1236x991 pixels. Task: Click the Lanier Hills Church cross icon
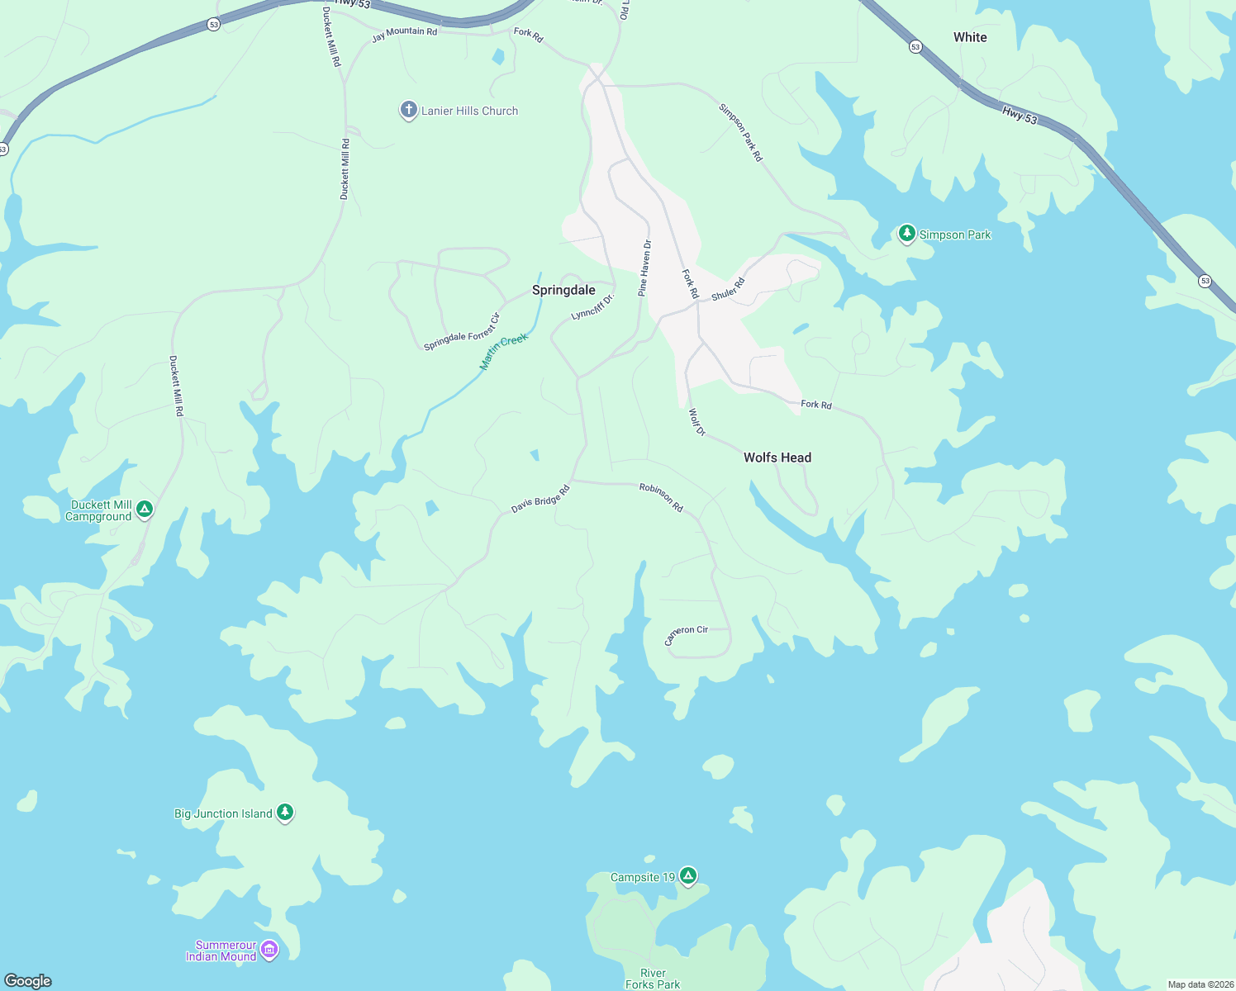(x=408, y=110)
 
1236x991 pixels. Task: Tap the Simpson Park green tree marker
(x=907, y=234)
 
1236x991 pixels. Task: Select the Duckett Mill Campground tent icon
(x=145, y=509)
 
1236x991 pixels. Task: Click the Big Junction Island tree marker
(x=285, y=813)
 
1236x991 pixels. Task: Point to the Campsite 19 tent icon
(x=688, y=875)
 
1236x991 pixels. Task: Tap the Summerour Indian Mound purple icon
(x=269, y=950)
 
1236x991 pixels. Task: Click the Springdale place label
(x=563, y=290)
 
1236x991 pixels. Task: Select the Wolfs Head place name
(x=777, y=458)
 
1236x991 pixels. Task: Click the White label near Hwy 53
(x=970, y=37)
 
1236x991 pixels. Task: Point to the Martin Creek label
(x=503, y=352)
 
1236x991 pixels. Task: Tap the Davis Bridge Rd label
(x=540, y=500)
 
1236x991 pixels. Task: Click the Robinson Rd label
(x=661, y=498)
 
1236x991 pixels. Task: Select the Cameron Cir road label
(x=687, y=634)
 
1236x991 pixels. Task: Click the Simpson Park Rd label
(x=740, y=132)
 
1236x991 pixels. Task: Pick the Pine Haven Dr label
(x=644, y=268)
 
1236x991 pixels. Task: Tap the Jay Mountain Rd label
(x=404, y=34)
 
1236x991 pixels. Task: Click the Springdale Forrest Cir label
(x=462, y=332)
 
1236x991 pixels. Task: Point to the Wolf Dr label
(x=697, y=422)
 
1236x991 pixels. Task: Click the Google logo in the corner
(x=28, y=980)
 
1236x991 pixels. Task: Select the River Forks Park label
(x=653, y=979)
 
